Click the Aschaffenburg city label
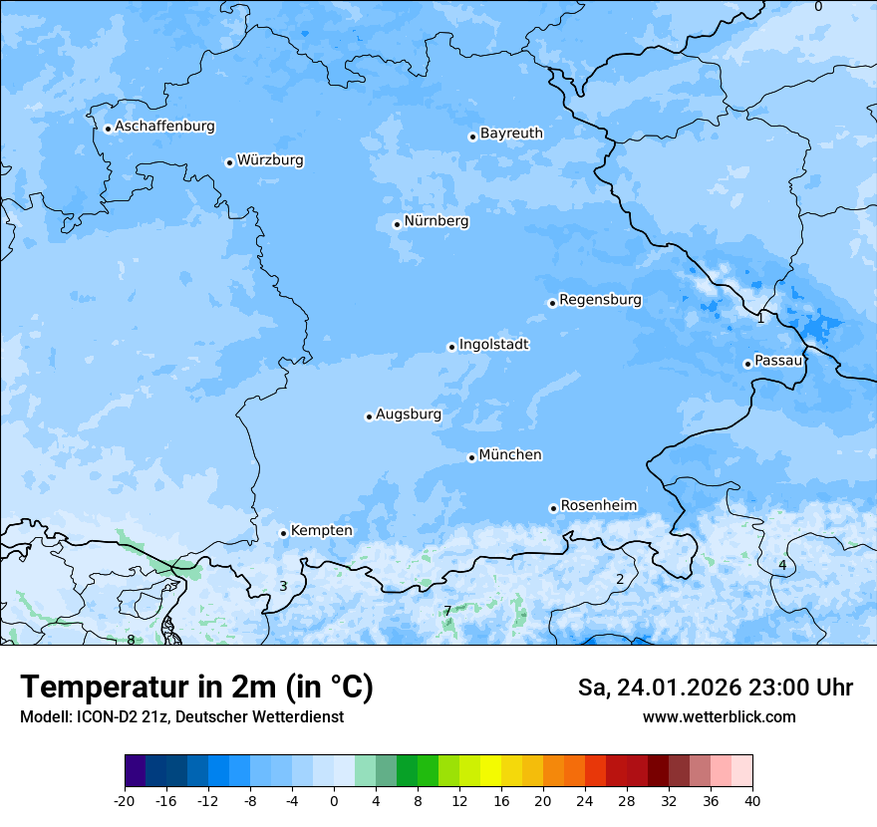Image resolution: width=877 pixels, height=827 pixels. pos(164,127)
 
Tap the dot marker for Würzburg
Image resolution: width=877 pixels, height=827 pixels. pos(229,162)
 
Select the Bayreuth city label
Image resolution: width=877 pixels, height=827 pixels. pos(511,134)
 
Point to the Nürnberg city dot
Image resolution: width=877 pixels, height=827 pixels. pos(397,224)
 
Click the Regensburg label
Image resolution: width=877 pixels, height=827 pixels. pos(600,300)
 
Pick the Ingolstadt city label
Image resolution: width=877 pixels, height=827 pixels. pos(493,345)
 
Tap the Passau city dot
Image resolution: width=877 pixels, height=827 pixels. pos(747,364)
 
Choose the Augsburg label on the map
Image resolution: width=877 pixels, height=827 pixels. pos(408,414)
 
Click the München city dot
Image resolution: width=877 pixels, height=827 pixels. pos(471,457)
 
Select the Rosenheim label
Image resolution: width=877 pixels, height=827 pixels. pos(598,506)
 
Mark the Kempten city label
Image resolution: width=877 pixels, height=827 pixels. pos(321,531)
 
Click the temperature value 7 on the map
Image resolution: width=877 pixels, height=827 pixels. pos(447,611)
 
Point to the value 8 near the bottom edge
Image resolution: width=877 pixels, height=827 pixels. pos(131,640)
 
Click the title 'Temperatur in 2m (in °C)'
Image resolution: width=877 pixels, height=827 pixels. pos(196,688)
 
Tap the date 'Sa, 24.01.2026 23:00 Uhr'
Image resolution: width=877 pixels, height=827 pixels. pos(715,688)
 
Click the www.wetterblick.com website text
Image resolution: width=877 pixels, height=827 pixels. pos(719,717)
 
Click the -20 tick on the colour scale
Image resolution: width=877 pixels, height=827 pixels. pos(125,800)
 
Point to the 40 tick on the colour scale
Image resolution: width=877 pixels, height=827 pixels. pos(752,800)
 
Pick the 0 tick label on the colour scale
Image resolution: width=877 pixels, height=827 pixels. pos(334,800)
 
